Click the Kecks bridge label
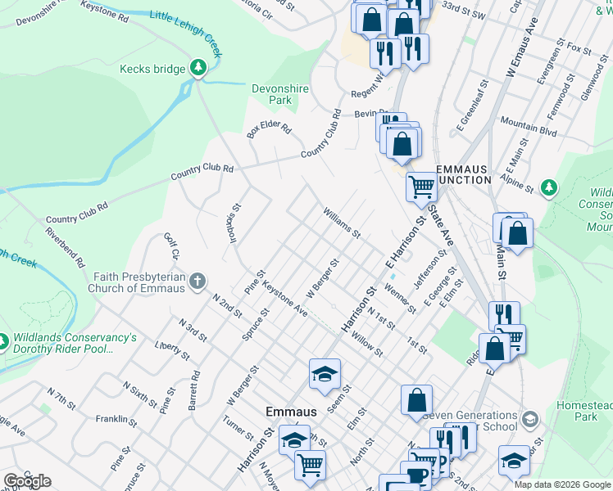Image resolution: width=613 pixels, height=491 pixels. click(x=152, y=69)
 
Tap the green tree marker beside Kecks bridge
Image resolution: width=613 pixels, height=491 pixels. click(x=198, y=68)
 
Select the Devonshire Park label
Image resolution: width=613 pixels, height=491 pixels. click(x=271, y=94)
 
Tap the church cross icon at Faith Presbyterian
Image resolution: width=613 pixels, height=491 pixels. click(x=197, y=282)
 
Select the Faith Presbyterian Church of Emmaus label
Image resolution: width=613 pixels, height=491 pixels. click(x=139, y=282)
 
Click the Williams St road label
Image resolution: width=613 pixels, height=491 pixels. click(x=342, y=222)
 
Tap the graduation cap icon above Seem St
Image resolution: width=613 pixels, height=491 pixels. click(x=325, y=374)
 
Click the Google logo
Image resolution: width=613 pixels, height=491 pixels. click(x=27, y=480)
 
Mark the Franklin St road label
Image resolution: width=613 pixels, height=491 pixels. click(x=116, y=420)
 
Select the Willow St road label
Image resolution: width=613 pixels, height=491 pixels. click(x=367, y=345)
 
